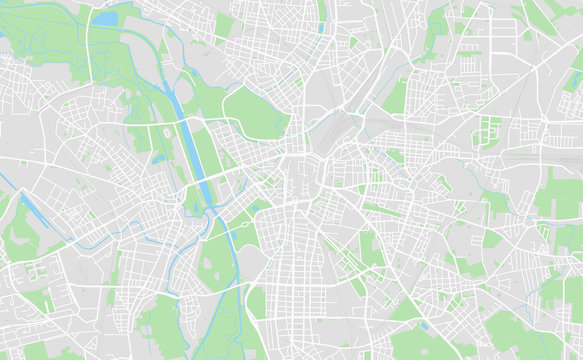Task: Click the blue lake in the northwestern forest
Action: pyautogui.click(x=105, y=18)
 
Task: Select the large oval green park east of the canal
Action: pyautogui.click(x=254, y=112)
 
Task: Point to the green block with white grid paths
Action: pyautogui.click(x=488, y=130)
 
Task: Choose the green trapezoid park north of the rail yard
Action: pyautogui.click(x=395, y=96)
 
